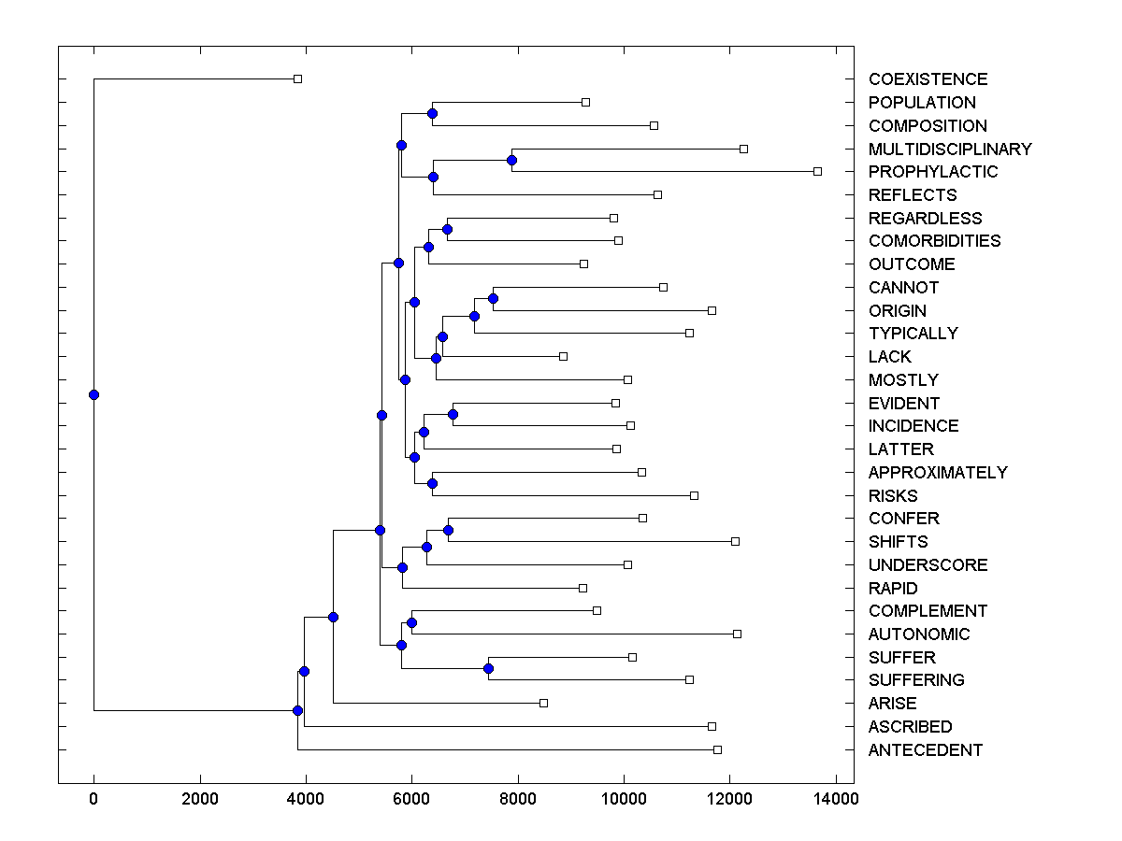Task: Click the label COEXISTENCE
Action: (x=928, y=79)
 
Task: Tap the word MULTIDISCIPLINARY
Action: (x=950, y=149)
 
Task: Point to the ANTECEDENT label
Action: (x=925, y=749)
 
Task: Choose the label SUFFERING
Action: (x=916, y=679)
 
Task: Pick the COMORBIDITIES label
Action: (x=934, y=240)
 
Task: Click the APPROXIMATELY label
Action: (x=938, y=472)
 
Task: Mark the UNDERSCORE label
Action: (x=928, y=564)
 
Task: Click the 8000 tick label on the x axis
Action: (x=517, y=798)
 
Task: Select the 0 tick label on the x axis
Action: (x=93, y=798)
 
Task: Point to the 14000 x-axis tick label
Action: (x=835, y=798)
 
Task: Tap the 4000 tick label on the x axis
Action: (x=305, y=798)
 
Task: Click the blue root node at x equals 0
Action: (x=93, y=394)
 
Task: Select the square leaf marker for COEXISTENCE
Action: (x=297, y=79)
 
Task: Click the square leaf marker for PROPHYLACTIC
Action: (x=817, y=171)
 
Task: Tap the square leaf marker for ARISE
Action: (x=543, y=703)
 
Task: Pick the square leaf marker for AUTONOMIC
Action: (x=737, y=634)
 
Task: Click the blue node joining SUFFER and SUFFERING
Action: (x=488, y=668)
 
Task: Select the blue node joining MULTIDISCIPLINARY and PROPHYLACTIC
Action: (x=511, y=160)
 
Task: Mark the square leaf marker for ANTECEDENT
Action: (x=717, y=749)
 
